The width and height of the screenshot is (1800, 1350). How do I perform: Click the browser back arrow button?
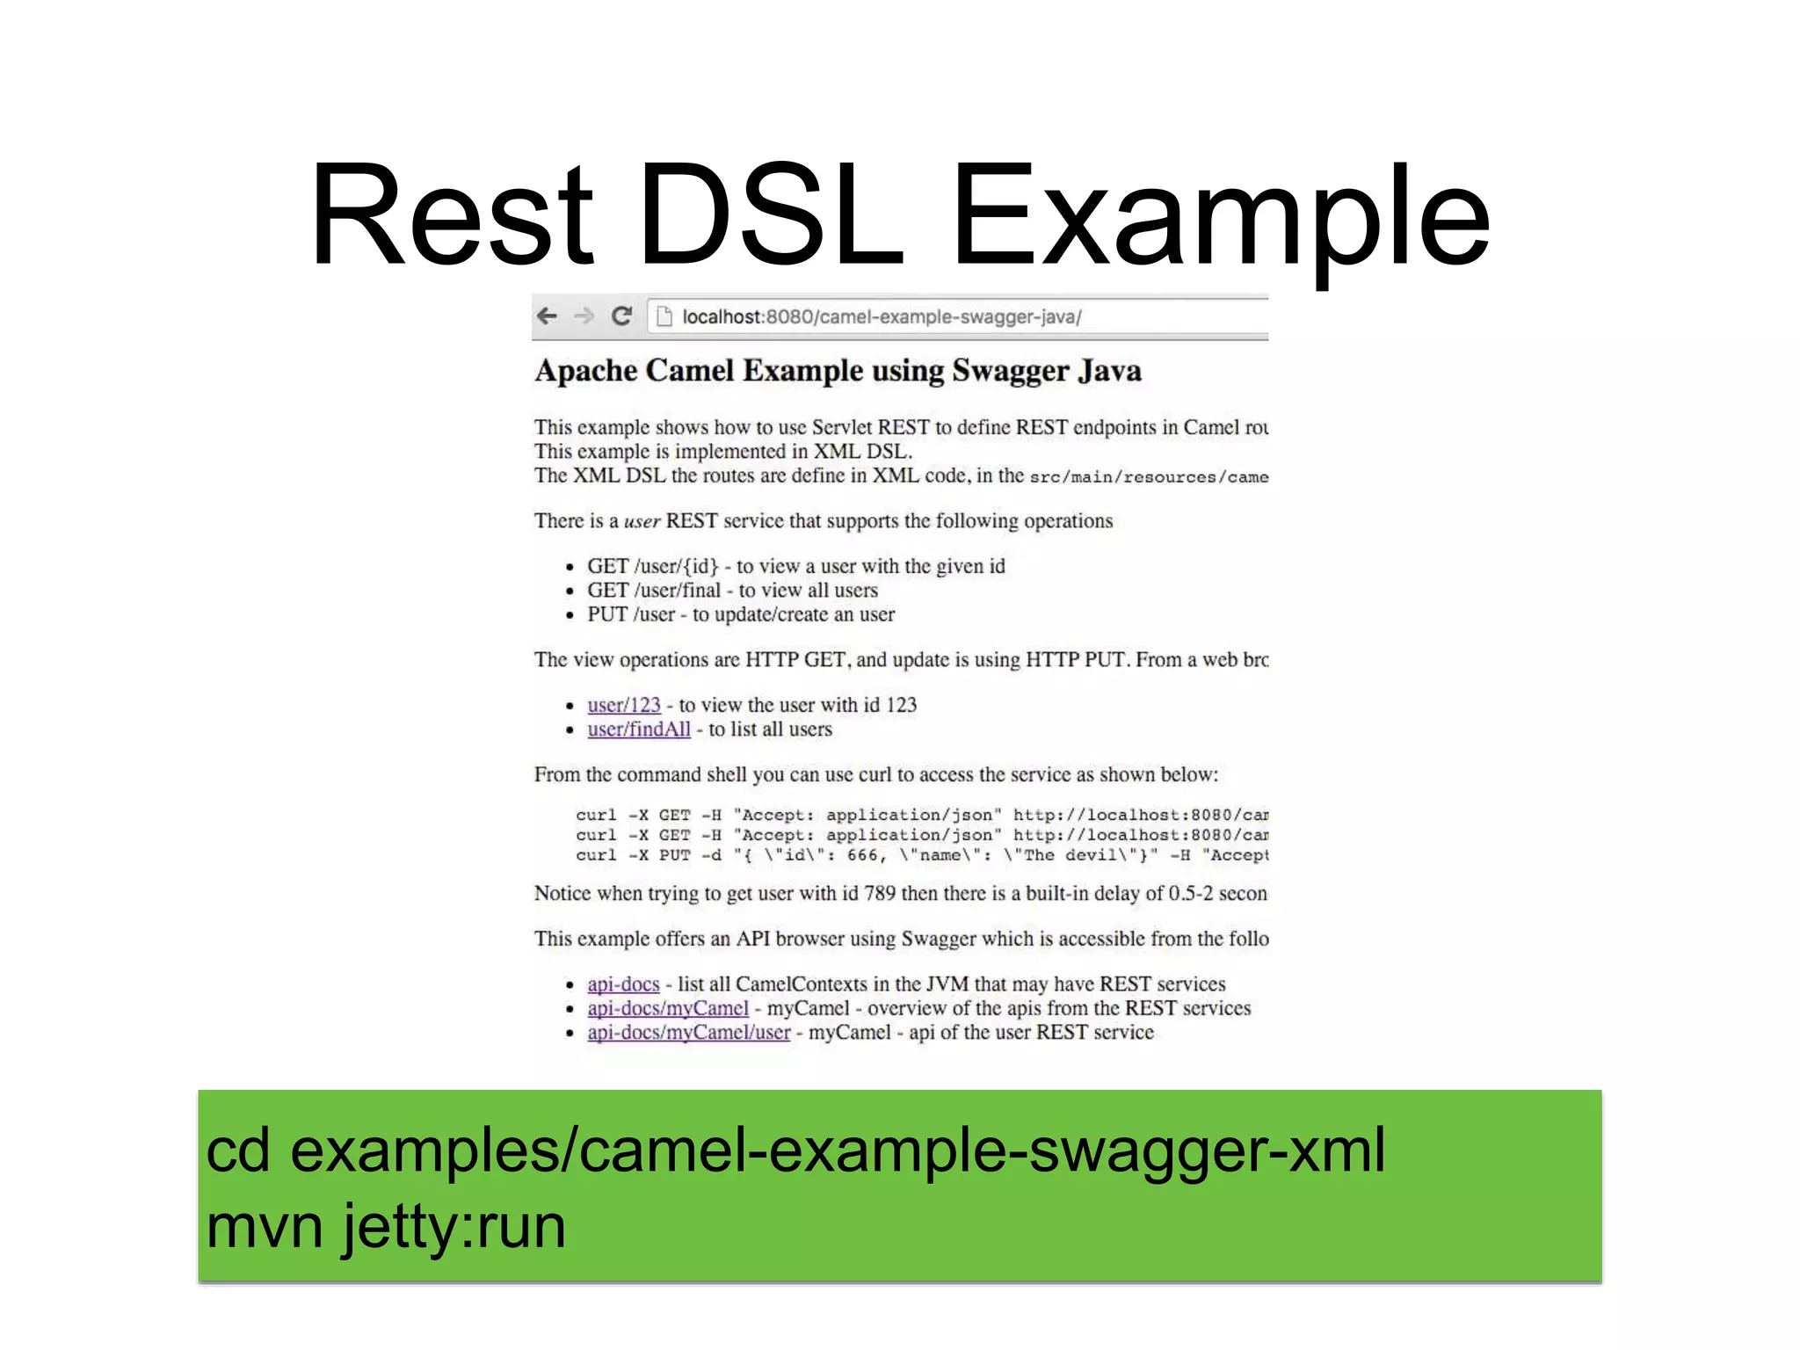tap(547, 316)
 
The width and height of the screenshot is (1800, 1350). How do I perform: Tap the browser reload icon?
tap(621, 316)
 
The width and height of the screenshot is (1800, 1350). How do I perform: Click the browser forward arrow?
tap(584, 316)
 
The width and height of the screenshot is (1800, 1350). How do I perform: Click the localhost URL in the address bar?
tap(881, 317)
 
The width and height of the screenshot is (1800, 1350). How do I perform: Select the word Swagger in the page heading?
tap(1010, 371)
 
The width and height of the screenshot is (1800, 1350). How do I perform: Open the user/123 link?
tap(624, 705)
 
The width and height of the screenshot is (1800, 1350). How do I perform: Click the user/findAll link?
tap(639, 729)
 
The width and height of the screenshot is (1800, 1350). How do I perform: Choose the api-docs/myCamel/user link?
tap(689, 1033)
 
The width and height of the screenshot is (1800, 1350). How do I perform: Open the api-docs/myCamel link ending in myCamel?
tap(668, 1008)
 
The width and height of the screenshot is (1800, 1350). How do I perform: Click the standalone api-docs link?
tap(623, 984)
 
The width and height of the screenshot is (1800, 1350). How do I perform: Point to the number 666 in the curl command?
tap(862, 855)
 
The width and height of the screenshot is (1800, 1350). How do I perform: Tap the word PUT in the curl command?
tap(674, 855)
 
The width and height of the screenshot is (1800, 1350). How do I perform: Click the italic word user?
tap(642, 521)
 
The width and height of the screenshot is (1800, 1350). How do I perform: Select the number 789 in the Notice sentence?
tap(880, 894)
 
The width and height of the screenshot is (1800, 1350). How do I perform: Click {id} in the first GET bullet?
tap(700, 567)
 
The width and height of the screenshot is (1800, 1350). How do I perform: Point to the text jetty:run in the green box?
tap(454, 1227)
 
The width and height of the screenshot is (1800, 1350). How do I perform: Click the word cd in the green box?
tap(237, 1151)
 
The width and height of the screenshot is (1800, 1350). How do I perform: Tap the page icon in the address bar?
tap(664, 316)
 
